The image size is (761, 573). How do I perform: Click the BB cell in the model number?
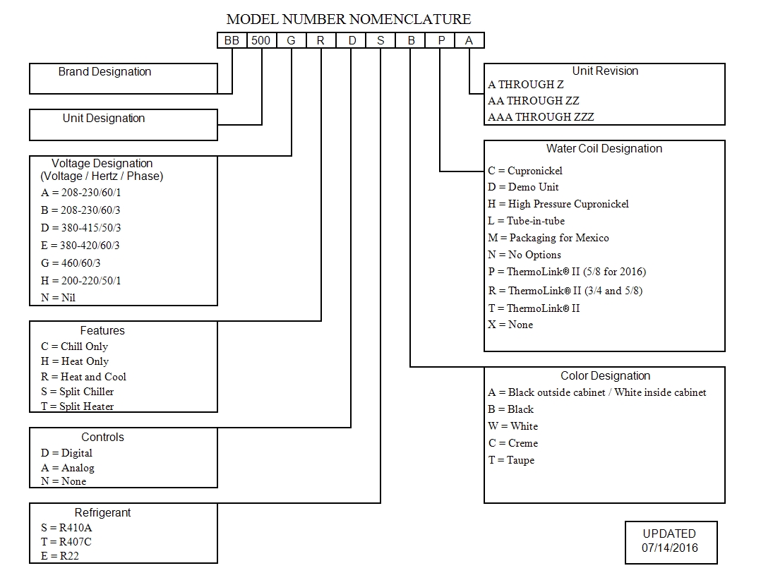[x=232, y=41]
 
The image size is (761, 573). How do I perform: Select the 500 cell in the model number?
[x=261, y=41]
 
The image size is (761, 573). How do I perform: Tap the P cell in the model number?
[x=441, y=41]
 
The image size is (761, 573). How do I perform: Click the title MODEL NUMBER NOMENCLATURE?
[x=349, y=19]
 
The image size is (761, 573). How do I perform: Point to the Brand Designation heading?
[x=104, y=72]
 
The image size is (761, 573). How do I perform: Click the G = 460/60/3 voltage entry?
[x=71, y=263]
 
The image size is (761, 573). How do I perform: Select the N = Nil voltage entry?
[x=59, y=297]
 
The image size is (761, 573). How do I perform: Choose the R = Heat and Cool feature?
[x=83, y=377]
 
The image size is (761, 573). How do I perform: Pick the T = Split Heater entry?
[x=77, y=406]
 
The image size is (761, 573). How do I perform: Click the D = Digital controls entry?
[x=66, y=453]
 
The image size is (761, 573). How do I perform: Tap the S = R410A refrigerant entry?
[x=66, y=527]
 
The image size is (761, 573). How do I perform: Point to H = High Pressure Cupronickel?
[x=558, y=204]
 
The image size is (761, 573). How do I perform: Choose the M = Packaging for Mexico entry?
[x=548, y=238]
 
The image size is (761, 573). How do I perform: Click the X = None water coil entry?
[x=510, y=325]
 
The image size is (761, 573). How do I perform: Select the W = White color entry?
[x=513, y=426]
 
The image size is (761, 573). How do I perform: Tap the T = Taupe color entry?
[x=511, y=460]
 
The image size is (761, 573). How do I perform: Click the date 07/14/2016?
[x=669, y=548]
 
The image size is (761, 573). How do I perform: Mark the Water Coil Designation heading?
[x=604, y=149]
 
